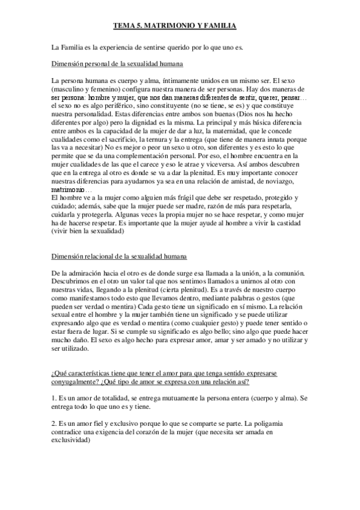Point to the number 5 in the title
tap(141, 26)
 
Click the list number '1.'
tap(55, 398)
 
